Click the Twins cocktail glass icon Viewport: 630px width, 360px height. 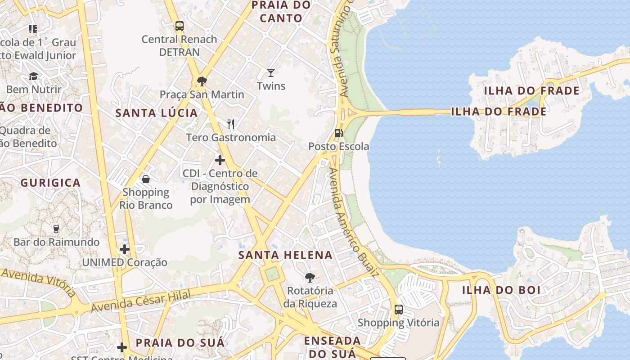(x=270, y=72)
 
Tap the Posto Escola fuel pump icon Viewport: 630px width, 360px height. (x=338, y=133)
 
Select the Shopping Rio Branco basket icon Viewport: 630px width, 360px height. (x=146, y=179)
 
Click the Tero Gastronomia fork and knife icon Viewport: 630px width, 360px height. (x=231, y=124)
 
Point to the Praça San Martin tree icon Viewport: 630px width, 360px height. (x=202, y=81)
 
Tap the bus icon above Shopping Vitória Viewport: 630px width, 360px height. (x=398, y=309)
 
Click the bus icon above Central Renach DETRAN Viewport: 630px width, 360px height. (x=180, y=26)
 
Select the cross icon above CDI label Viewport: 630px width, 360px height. (x=220, y=160)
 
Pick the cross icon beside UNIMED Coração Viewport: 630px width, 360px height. (x=125, y=249)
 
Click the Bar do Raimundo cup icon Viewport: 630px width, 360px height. (x=56, y=229)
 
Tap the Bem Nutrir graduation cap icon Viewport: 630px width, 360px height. (x=34, y=76)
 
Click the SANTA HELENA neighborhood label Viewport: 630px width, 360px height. (x=285, y=255)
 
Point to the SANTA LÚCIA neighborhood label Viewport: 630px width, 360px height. (x=157, y=112)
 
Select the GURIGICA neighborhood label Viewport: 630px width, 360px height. (x=50, y=183)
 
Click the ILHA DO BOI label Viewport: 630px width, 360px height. (x=501, y=290)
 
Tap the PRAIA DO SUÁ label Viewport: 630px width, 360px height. (x=180, y=342)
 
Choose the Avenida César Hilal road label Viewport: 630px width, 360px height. (x=141, y=301)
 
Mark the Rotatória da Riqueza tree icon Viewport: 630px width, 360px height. (x=310, y=278)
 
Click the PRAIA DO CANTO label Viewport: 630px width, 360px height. (x=281, y=12)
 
